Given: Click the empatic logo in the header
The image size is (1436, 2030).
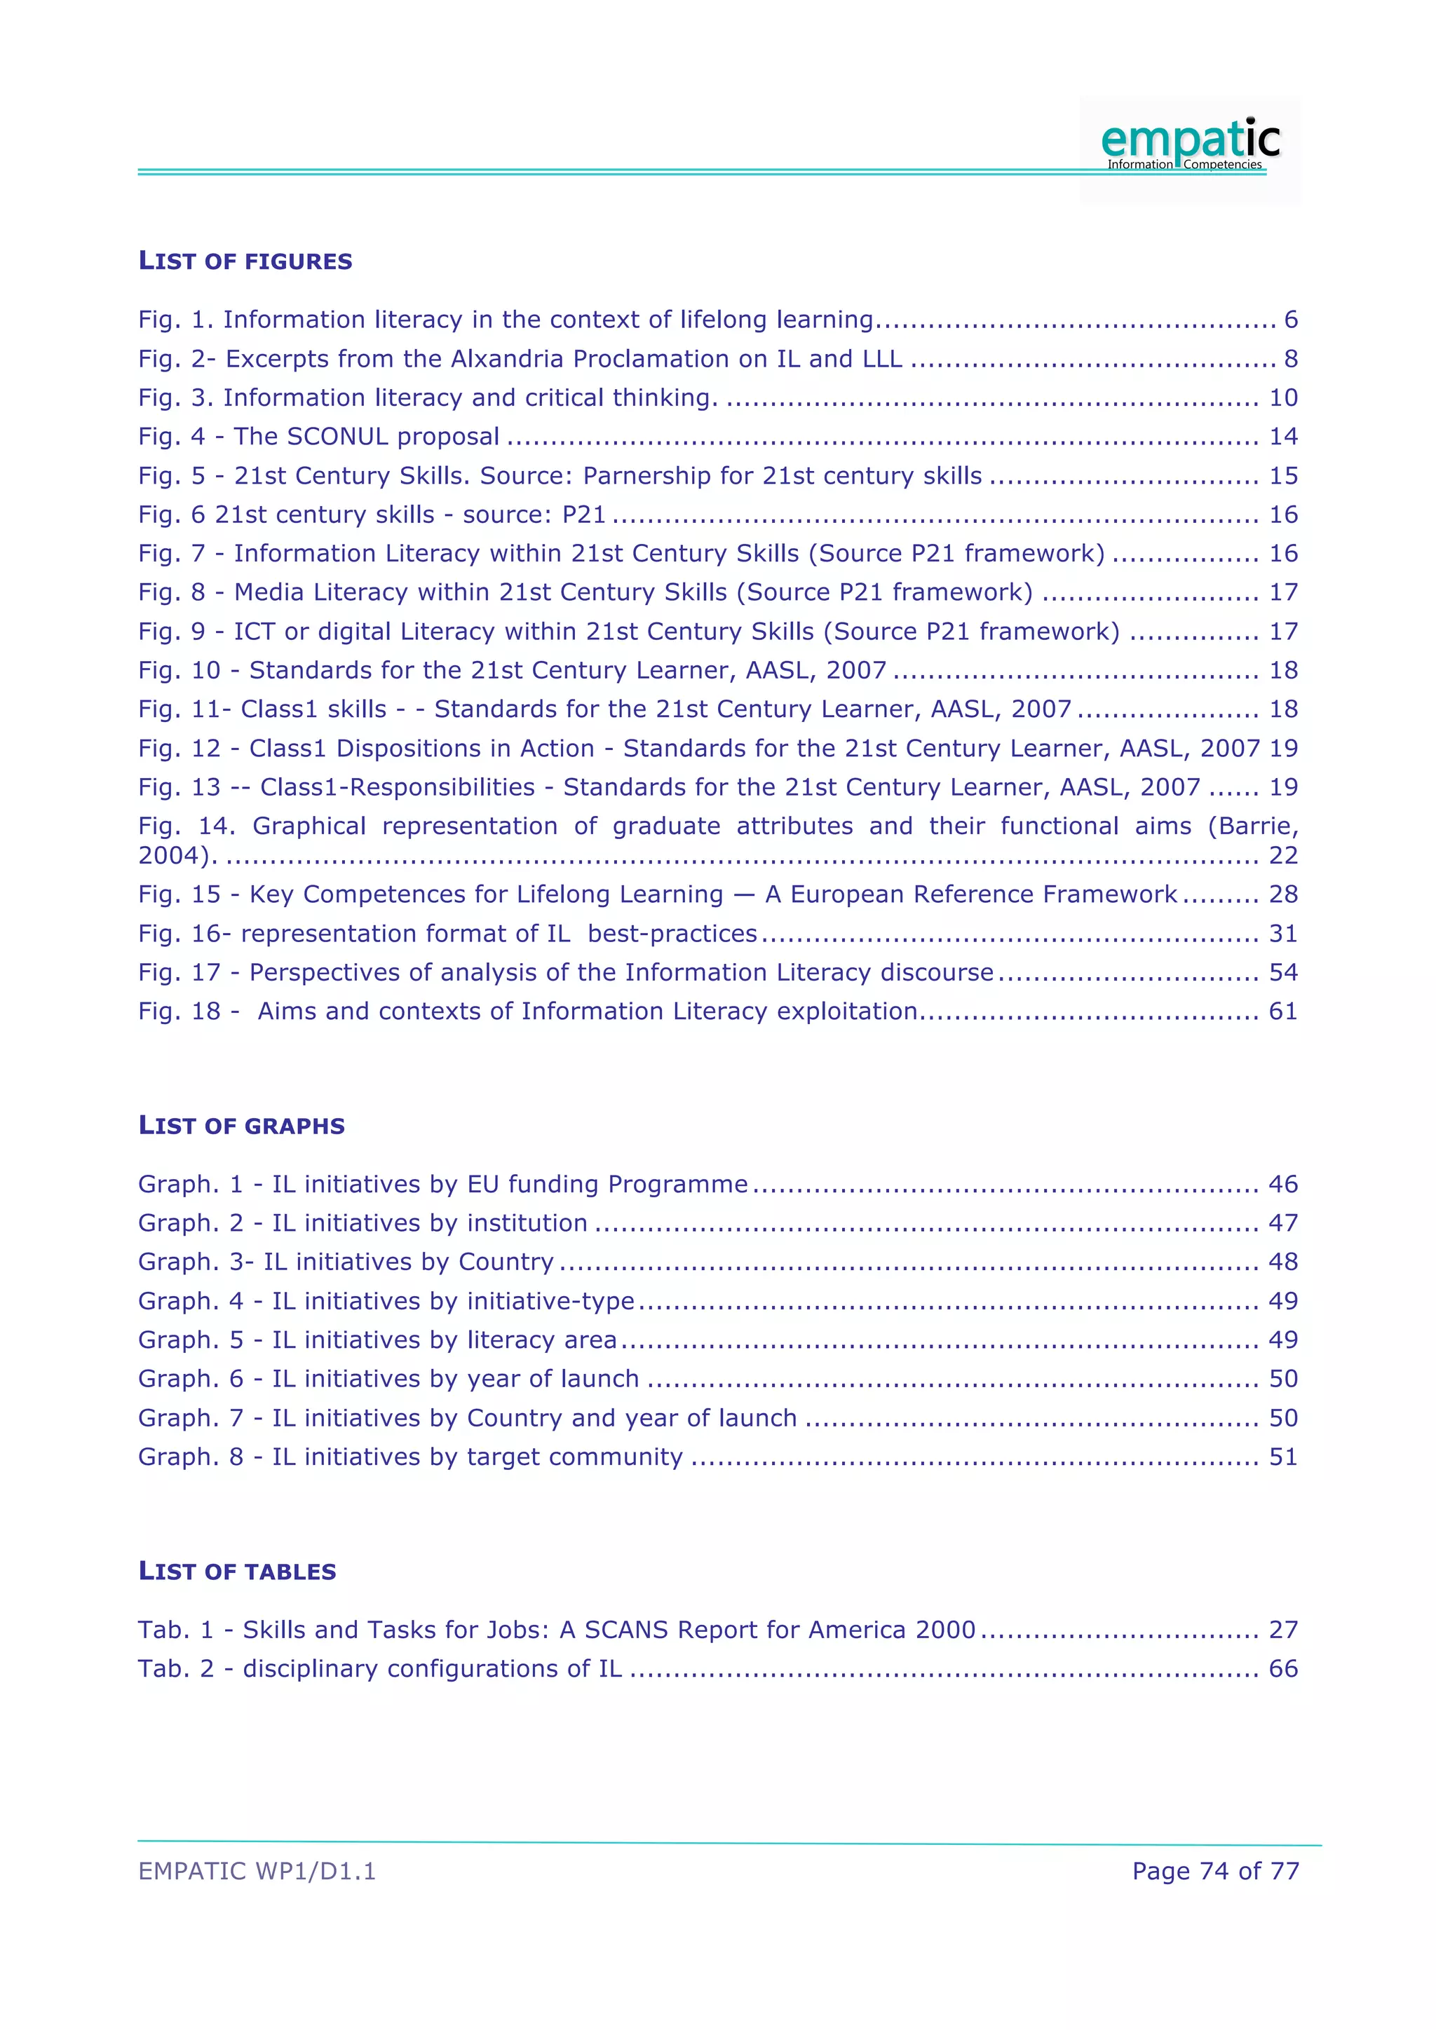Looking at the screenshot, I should click(1189, 143).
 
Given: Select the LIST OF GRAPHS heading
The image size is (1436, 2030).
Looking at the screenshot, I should click(241, 1126).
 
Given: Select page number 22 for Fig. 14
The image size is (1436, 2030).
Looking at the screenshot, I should click(1283, 855).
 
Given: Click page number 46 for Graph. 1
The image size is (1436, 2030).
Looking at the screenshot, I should click(1283, 1184).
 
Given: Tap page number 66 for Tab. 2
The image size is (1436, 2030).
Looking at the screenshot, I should click(1283, 1668).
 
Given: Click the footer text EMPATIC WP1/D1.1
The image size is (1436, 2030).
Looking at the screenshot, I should click(257, 1871).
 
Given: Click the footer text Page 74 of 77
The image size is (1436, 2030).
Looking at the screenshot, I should click(1215, 1871).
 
